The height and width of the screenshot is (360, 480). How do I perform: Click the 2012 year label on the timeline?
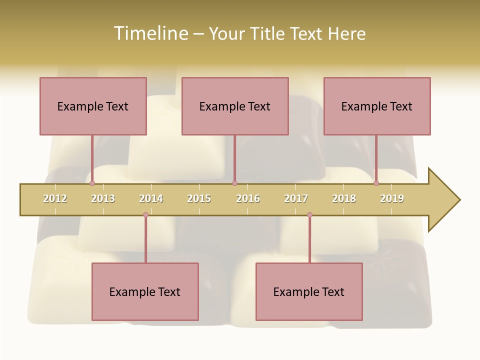(55, 198)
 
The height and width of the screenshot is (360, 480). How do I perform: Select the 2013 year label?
(103, 198)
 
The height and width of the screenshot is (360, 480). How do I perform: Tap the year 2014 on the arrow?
(151, 198)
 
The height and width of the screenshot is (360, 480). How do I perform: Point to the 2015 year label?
(199, 198)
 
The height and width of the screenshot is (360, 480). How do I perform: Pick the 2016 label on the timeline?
(248, 198)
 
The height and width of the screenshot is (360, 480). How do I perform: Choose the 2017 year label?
(296, 198)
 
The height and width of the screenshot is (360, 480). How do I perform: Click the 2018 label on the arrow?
(344, 198)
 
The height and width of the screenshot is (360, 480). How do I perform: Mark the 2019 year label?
(392, 198)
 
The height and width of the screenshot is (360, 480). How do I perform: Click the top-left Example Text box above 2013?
(93, 106)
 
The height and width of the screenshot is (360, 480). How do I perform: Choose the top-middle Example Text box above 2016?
(235, 106)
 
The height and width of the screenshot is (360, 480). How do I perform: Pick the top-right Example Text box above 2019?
(377, 106)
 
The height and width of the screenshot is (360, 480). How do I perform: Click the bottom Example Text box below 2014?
(145, 291)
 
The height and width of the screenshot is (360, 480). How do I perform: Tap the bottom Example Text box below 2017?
(309, 291)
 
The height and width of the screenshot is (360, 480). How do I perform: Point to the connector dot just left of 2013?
(92, 183)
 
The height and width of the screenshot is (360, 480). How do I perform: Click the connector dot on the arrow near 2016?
(235, 183)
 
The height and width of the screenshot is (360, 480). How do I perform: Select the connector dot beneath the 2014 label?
(145, 215)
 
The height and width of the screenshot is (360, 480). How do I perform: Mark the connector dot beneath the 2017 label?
(309, 215)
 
